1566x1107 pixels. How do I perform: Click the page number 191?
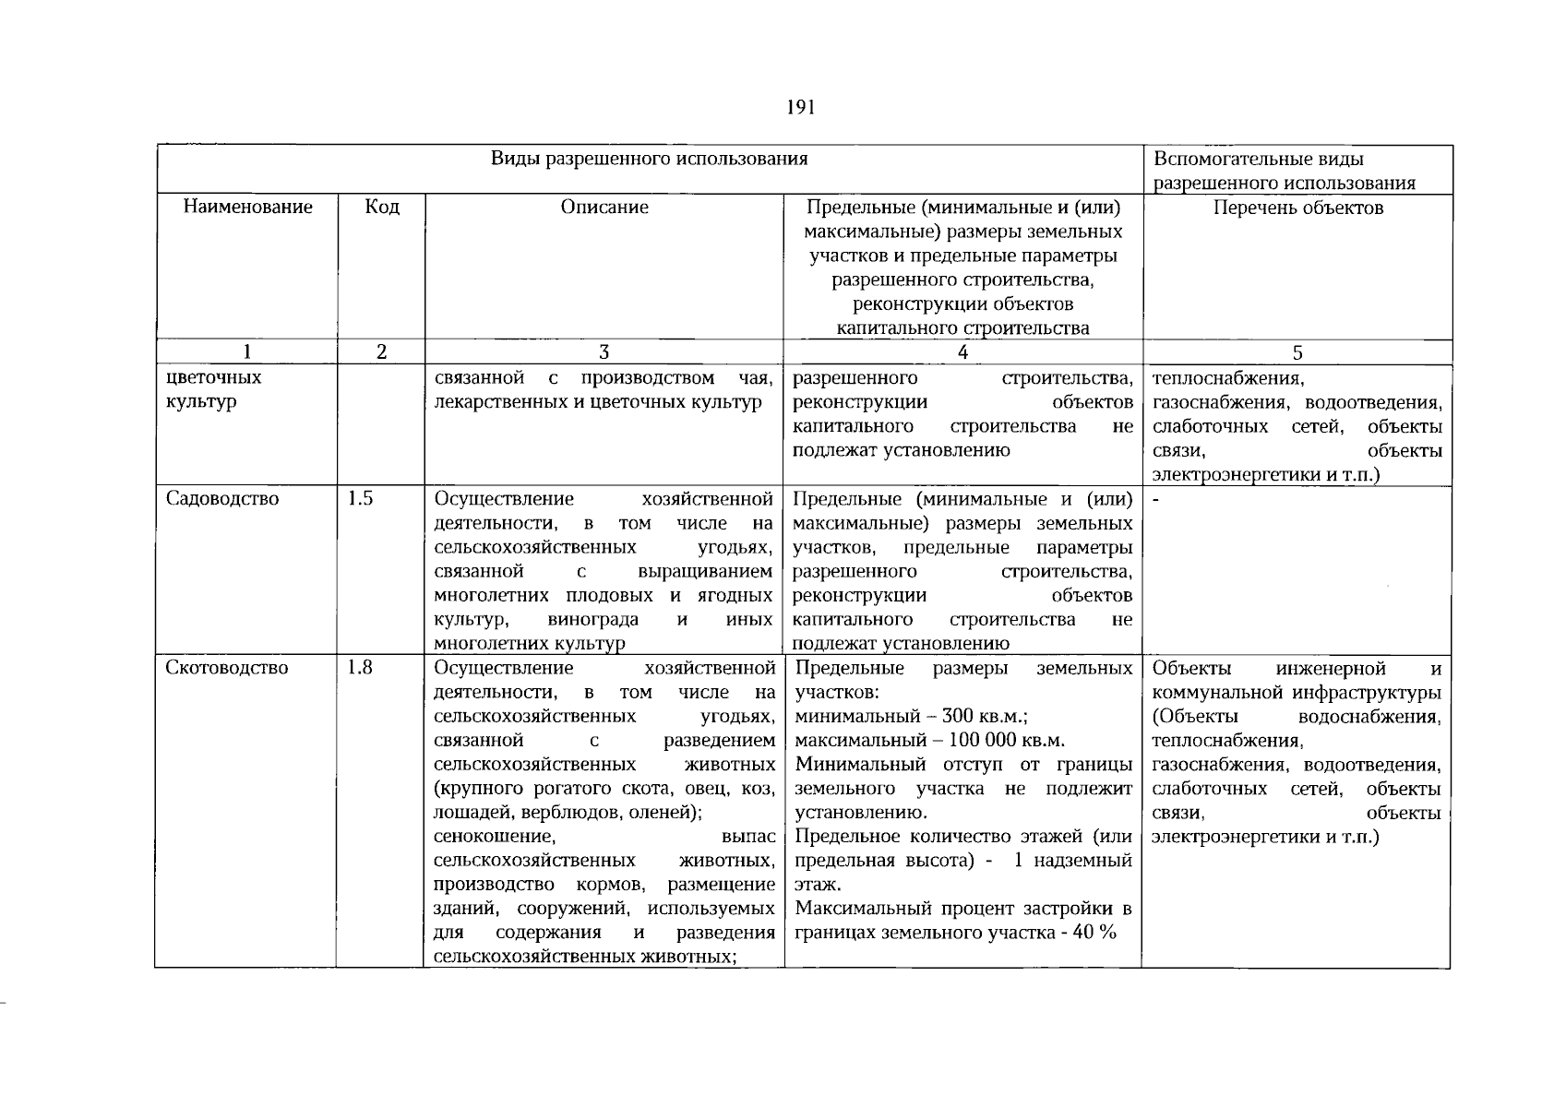pyautogui.click(x=800, y=108)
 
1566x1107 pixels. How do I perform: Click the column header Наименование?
pyautogui.click(x=247, y=207)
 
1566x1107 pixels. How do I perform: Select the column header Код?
pyautogui.click(x=382, y=207)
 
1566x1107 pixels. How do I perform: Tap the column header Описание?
pyautogui.click(x=604, y=207)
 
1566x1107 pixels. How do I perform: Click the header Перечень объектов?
pyautogui.click(x=1297, y=208)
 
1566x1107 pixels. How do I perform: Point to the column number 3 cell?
pyautogui.click(x=604, y=351)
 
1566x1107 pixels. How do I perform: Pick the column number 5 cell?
pyautogui.click(x=1297, y=352)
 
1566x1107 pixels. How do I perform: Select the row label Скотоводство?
pyautogui.click(x=226, y=668)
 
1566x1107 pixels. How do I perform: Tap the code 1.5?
pyautogui.click(x=360, y=499)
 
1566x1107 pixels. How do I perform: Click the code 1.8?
pyautogui.click(x=360, y=667)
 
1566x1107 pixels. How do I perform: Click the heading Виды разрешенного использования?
pyautogui.click(x=649, y=159)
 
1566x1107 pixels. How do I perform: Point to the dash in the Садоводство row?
pyautogui.click(x=1156, y=500)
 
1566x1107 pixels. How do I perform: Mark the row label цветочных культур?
pyautogui.click(x=213, y=389)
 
